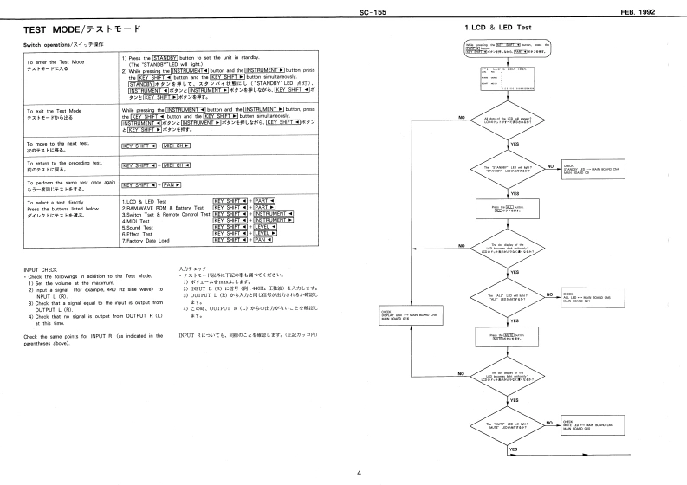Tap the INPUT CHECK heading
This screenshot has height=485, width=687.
point(43,269)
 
